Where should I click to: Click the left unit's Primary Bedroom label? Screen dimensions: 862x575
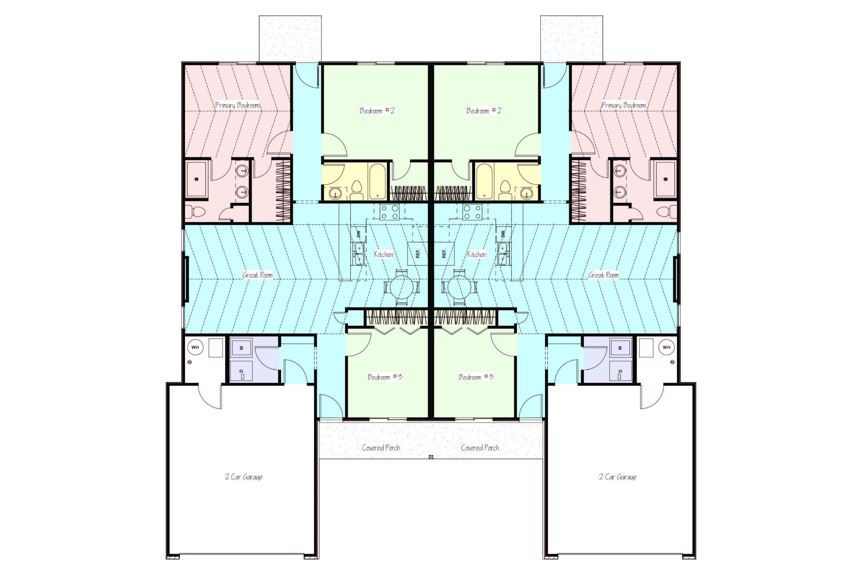point(238,105)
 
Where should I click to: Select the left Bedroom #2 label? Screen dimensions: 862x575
point(377,111)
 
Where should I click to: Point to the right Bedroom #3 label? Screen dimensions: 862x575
point(476,377)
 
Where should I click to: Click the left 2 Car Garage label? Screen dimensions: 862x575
point(244,477)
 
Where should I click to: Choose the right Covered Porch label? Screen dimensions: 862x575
point(480,448)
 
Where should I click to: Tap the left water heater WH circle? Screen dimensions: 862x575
point(195,347)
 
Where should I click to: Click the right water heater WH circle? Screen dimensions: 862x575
point(666,347)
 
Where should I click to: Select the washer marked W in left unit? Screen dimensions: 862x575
point(241,348)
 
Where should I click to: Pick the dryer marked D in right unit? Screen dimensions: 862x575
point(620,371)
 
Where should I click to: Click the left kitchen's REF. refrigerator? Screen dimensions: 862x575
point(418,253)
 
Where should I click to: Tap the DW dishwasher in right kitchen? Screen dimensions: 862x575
point(503,233)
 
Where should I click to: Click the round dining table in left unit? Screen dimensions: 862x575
point(401,287)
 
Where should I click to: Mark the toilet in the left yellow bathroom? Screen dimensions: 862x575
point(356,190)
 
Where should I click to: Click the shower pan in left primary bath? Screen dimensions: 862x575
point(197,180)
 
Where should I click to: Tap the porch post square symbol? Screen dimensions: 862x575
point(431,457)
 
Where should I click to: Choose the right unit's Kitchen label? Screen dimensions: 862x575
point(476,254)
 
